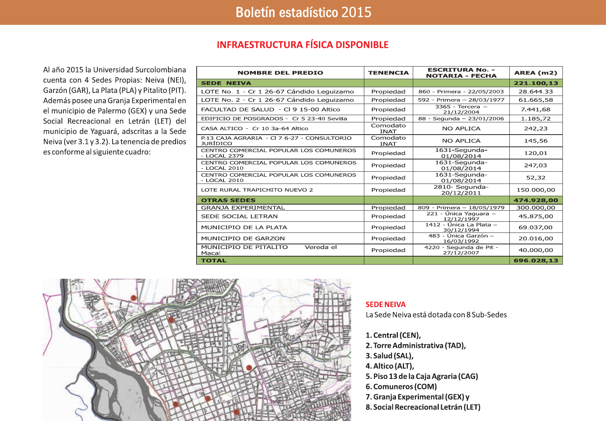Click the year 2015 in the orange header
pyautogui.click(x=356, y=12)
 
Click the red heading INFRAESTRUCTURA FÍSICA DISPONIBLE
pyautogui.click(x=302, y=45)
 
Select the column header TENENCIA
pyautogui.click(x=388, y=73)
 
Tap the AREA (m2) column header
pyautogui.click(x=536, y=73)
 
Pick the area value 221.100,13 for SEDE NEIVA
pyautogui.click(x=536, y=83)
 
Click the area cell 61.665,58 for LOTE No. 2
pyautogui.click(x=536, y=100)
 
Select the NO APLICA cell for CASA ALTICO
pyautogui.click(x=461, y=128)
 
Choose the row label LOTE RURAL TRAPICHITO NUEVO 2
pyautogui.click(x=257, y=190)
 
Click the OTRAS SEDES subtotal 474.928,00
pyautogui.click(x=536, y=200)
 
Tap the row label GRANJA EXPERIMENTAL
pyautogui.click(x=243, y=208)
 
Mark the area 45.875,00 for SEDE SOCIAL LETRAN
pyautogui.click(x=536, y=216)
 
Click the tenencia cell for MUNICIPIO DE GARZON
pyautogui.click(x=388, y=238)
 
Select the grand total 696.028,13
pyautogui.click(x=536, y=260)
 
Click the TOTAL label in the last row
pyautogui.click(x=214, y=260)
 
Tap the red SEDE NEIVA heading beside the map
pyautogui.click(x=386, y=304)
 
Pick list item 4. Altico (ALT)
pyautogui.click(x=390, y=366)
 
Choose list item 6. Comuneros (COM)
pyautogui.click(x=401, y=387)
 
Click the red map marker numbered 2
pyautogui.click(x=171, y=320)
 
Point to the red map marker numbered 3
pyautogui.click(x=249, y=368)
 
